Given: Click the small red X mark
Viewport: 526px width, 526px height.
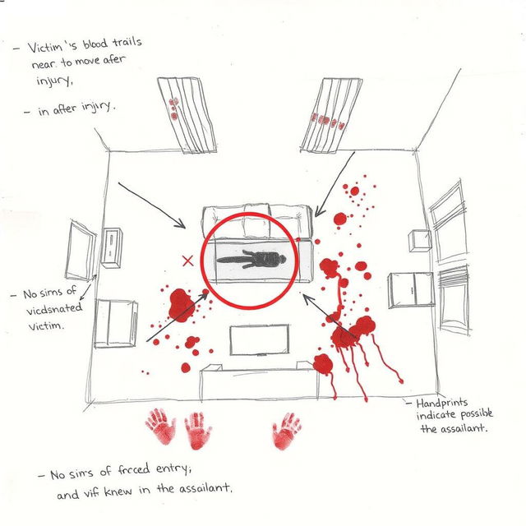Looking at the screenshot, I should [187, 261].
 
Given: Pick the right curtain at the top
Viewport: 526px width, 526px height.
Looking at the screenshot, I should [330, 115].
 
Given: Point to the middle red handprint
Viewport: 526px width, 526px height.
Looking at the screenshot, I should [198, 430].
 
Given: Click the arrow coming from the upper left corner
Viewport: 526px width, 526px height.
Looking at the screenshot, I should [153, 205].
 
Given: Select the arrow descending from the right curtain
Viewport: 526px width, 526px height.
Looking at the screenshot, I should [334, 182].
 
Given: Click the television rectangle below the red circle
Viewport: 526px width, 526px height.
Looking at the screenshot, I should [258, 339].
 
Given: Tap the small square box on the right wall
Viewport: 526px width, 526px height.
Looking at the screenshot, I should [419, 242].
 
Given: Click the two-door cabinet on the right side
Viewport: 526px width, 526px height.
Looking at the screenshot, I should [411, 289].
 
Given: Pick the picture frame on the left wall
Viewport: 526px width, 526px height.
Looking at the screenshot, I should [81, 251].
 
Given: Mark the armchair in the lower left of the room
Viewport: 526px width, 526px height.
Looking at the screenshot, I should [115, 324].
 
